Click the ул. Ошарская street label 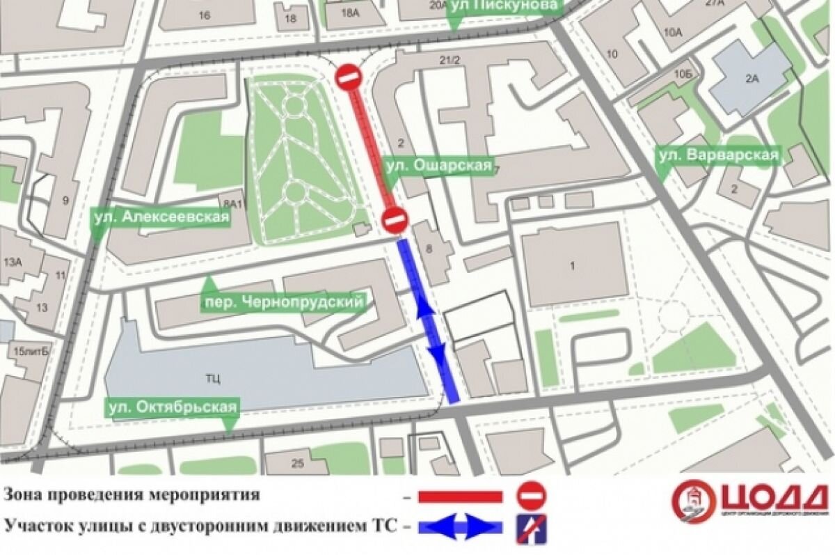tap(439, 167)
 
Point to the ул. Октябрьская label tap(172, 407)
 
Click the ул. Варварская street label tap(719, 155)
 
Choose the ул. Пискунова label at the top tap(504, 6)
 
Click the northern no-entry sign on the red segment tap(349, 77)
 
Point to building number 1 tap(573, 265)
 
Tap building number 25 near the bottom tap(299, 463)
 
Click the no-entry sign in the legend tap(533, 496)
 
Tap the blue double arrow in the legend tap(460, 526)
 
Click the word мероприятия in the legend tap(206, 495)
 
